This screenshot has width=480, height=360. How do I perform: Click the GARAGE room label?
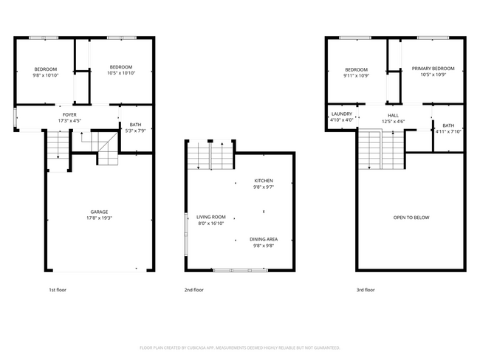(x=100, y=212)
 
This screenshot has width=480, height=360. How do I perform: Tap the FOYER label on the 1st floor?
(x=69, y=115)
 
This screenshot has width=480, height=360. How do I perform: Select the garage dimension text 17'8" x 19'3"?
(x=100, y=218)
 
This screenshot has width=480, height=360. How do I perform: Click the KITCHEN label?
(x=264, y=181)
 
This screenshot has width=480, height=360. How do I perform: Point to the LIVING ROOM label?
(x=210, y=218)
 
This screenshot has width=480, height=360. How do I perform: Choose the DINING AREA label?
(x=264, y=239)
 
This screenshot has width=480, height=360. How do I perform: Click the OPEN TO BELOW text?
(x=411, y=218)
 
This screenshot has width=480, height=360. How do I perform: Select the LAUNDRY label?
(x=341, y=114)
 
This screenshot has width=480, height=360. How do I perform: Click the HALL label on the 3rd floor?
(x=394, y=115)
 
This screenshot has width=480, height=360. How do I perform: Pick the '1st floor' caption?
(x=58, y=290)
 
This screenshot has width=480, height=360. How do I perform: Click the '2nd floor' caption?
(x=193, y=290)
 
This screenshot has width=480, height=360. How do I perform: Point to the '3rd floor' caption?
(x=366, y=290)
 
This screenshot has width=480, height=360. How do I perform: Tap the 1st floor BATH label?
(x=135, y=125)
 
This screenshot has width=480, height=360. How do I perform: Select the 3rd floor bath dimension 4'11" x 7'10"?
(x=448, y=131)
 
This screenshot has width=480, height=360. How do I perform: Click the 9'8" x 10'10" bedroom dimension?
(x=45, y=75)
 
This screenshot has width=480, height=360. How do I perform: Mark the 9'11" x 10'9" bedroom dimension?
(x=356, y=75)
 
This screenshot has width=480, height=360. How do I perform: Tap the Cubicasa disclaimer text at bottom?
(x=240, y=347)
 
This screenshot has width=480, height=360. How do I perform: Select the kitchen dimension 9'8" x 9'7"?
(x=264, y=187)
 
